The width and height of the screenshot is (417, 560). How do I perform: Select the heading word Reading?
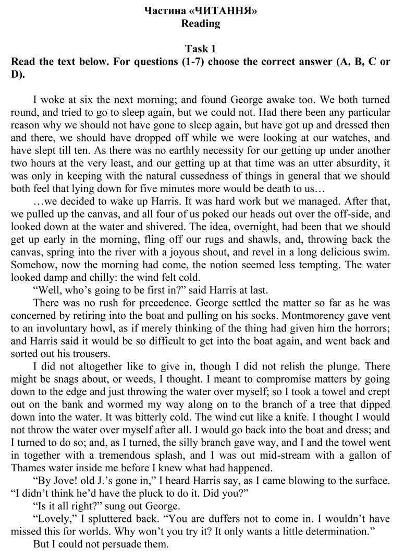(200, 23)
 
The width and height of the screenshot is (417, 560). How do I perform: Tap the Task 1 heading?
(200, 49)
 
